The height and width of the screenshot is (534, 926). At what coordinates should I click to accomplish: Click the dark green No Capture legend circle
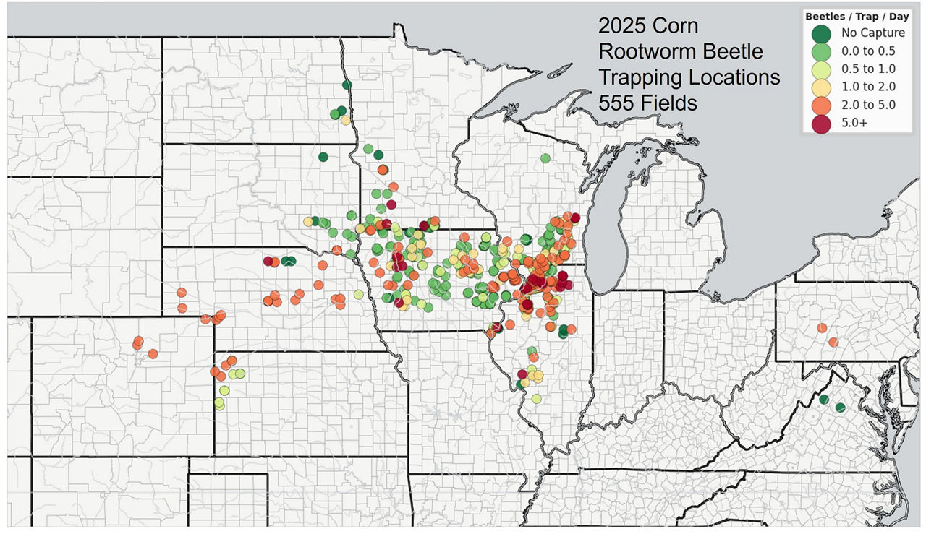click(x=820, y=33)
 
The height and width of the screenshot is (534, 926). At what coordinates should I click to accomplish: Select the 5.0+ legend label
click(x=854, y=123)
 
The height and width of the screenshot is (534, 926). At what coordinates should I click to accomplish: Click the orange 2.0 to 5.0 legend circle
click(x=820, y=105)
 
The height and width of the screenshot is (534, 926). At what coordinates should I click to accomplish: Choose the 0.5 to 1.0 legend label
click(x=868, y=69)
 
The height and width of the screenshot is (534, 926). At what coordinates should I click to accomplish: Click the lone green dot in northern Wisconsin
click(x=545, y=158)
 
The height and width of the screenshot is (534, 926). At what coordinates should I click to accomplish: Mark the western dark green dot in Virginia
click(x=823, y=399)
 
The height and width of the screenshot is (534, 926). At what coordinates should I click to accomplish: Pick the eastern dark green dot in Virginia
click(x=840, y=408)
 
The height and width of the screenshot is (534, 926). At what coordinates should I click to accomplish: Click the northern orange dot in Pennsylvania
click(x=822, y=328)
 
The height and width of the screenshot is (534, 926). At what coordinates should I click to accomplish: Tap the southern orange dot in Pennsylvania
click(x=833, y=342)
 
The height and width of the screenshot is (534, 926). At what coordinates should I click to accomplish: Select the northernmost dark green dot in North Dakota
click(x=347, y=85)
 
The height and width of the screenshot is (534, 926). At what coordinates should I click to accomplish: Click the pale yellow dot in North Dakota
click(x=345, y=120)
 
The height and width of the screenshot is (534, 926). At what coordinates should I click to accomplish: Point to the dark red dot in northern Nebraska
click(x=268, y=261)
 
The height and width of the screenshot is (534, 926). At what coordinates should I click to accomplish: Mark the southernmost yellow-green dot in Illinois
click(x=536, y=399)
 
